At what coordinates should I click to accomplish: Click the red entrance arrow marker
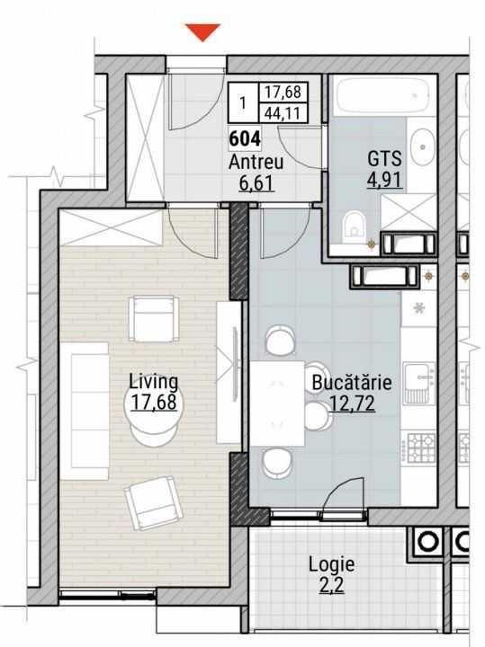(x=202, y=32)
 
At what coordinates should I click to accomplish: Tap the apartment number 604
(x=245, y=138)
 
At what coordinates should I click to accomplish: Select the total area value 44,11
(x=283, y=113)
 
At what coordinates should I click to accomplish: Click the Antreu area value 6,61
(x=256, y=182)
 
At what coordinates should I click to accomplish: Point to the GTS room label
(x=384, y=158)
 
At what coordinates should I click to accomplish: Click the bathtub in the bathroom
(x=382, y=95)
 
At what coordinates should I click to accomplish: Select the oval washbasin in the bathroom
(x=423, y=146)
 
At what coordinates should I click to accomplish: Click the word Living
(x=153, y=382)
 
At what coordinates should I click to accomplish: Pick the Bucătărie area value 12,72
(x=353, y=403)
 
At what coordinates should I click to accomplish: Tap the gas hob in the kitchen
(x=421, y=448)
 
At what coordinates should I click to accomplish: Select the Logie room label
(x=331, y=564)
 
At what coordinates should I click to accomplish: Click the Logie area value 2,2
(x=331, y=585)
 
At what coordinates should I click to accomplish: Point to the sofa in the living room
(x=85, y=411)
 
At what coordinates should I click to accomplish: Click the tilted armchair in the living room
(x=153, y=502)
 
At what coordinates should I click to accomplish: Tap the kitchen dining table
(x=277, y=403)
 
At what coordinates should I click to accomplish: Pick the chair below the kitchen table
(x=277, y=463)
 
